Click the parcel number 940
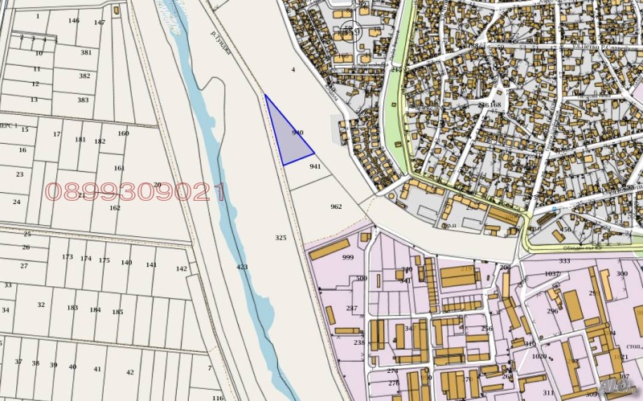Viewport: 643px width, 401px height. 297,132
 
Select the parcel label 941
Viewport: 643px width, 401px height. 315,166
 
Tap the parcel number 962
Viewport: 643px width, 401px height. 336,207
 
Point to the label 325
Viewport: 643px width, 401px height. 281,238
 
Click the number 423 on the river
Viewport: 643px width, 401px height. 242,266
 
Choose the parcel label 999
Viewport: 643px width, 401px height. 348,257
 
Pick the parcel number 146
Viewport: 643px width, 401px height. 74,20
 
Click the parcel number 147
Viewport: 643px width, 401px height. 99,23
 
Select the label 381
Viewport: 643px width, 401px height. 86,52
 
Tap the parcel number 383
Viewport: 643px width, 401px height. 83,100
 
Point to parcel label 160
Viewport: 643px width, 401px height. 123,133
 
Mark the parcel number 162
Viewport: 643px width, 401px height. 115,207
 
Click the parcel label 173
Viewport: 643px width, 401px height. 68,257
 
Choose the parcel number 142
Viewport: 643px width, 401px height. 181,268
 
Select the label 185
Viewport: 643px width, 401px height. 117,312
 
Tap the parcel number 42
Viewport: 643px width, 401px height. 130,372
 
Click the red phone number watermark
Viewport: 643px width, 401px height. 134,191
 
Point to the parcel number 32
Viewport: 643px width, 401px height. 41,305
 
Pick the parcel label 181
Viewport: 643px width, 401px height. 80,139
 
